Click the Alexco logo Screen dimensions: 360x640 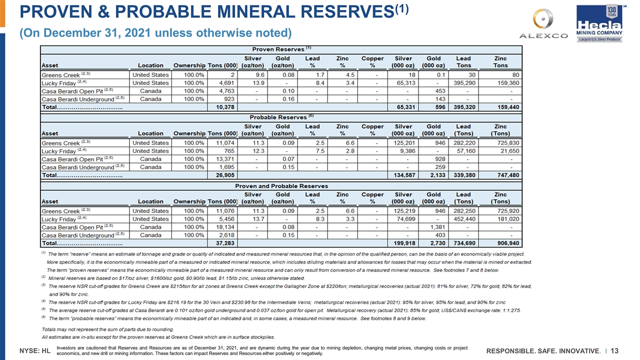click(543, 23)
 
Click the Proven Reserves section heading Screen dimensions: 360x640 click(281, 49)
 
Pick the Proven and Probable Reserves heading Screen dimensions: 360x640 click(281, 186)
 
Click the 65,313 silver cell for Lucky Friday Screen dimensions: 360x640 click(403, 83)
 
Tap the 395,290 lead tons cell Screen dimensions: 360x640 click(463, 83)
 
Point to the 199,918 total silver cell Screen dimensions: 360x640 click(403, 244)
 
